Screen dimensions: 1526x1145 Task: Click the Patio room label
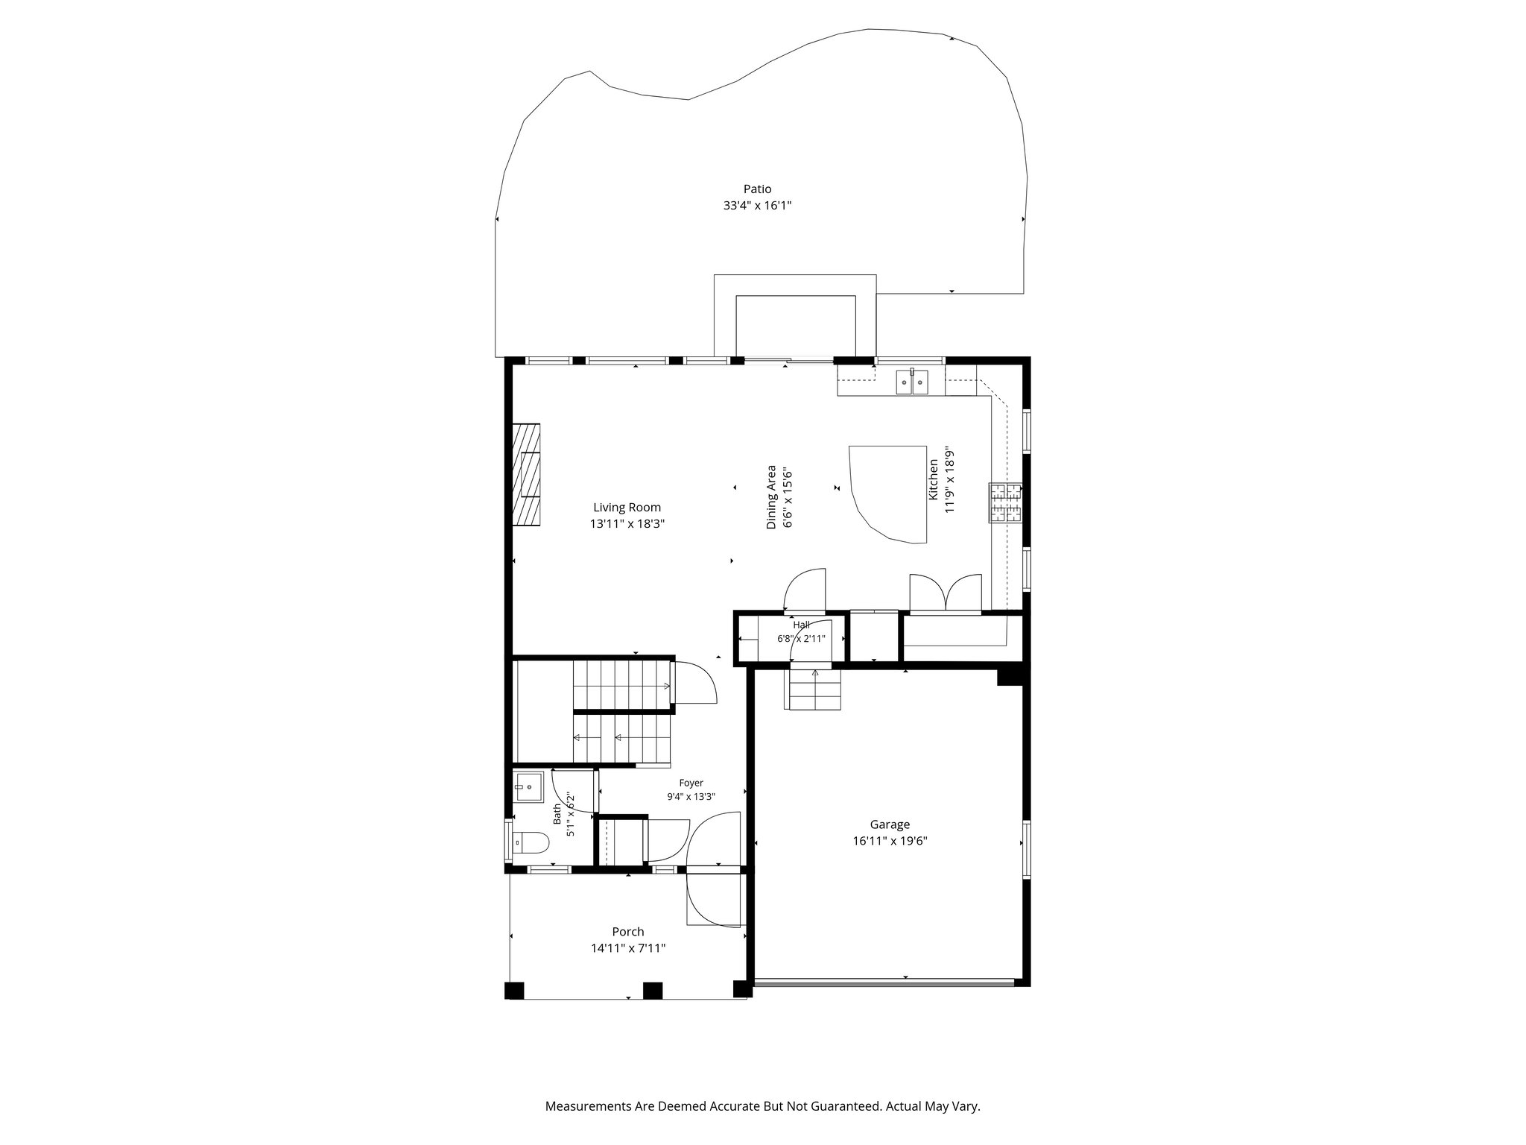coord(757,189)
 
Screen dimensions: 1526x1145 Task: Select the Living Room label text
coord(627,508)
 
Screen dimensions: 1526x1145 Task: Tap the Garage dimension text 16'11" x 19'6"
coord(890,841)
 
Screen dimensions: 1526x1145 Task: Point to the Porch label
coord(627,932)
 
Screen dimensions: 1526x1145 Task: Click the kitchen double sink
coord(913,382)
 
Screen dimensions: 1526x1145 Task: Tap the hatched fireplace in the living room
coord(526,474)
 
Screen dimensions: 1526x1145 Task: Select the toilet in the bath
coord(530,843)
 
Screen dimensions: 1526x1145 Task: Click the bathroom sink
coord(528,787)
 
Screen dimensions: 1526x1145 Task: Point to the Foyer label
coord(691,783)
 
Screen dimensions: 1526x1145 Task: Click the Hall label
coord(801,625)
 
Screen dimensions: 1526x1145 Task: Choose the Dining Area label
coord(771,497)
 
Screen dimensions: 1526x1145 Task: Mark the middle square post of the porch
coord(653,991)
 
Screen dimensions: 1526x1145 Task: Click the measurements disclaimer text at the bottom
coord(762,1106)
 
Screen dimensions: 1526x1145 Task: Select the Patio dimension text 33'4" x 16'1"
coord(757,206)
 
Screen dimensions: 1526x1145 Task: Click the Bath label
coord(557,813)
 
